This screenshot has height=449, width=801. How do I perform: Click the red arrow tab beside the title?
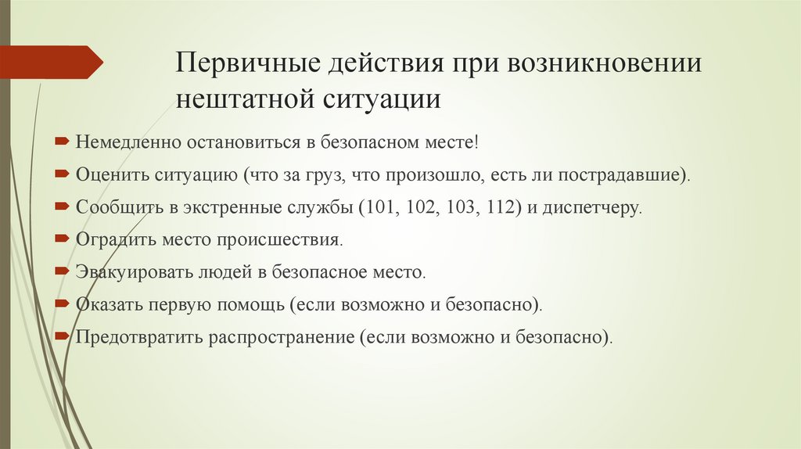coord(51,61)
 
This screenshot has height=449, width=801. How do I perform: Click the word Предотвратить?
coord(138,338)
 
